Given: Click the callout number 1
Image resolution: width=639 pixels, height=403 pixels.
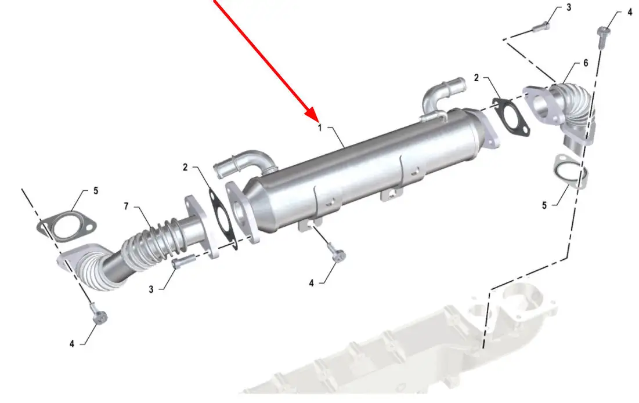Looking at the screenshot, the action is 320,128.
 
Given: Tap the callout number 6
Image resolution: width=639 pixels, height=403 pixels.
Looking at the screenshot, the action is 586,63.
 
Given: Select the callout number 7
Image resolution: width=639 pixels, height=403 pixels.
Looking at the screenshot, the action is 127,206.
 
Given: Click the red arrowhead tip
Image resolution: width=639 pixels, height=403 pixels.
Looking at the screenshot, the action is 317,120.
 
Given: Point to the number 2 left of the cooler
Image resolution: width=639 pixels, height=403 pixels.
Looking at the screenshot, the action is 185,168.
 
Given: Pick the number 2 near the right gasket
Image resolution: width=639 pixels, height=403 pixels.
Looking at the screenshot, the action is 476,78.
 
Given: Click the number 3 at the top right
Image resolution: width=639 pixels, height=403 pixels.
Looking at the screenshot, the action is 569,8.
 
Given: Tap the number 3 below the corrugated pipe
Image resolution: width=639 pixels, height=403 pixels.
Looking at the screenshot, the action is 151,289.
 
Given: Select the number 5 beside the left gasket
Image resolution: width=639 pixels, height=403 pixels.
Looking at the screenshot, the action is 96,191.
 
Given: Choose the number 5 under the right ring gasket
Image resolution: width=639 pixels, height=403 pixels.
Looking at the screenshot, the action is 544,206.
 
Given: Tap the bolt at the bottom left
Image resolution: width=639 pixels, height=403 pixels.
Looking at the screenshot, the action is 99,314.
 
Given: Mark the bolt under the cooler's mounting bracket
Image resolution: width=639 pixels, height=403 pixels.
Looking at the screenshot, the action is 337,252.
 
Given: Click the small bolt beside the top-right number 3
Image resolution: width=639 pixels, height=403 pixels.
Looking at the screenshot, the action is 541,27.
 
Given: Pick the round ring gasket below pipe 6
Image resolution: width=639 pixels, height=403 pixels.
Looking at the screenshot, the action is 571,173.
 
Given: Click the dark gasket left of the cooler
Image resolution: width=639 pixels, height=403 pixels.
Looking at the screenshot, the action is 222,217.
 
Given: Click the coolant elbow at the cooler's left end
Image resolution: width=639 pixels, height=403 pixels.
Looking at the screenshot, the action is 244,163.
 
